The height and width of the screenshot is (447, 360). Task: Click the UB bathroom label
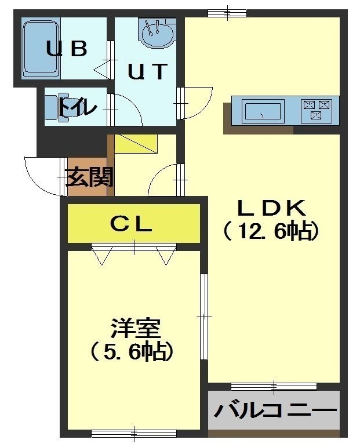pyautogui.click(x=67, y=49)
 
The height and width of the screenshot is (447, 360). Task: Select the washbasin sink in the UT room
pyautogui.click(x=156, y=34)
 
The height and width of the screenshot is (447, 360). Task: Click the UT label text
pyautogui.click(x=147, y=71)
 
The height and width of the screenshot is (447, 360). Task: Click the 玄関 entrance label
pyautogui.click(x=90, y=177)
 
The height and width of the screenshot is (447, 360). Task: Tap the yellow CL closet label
pyautogui.click(x=131, y=224)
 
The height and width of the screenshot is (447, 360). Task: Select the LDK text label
pyautogui.click(x=272, y=208)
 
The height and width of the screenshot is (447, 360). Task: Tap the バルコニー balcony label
pyautogui.click(x=275, y=411)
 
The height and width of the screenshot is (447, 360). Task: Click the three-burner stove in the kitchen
pyautogui.click(x=317, y=110)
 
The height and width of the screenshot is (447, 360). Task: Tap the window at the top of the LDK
pyautogui.click(x=227, y=13)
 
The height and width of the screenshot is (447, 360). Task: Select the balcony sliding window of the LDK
pyautogui.click(x=274, y=387)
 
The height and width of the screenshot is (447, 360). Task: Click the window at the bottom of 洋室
pyautogui.click(x=134, y=434)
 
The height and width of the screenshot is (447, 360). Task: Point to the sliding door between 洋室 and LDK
pyautogui.click(x=204, y=317)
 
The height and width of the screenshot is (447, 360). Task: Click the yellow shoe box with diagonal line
pyautogui.click(x=136, y=144)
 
